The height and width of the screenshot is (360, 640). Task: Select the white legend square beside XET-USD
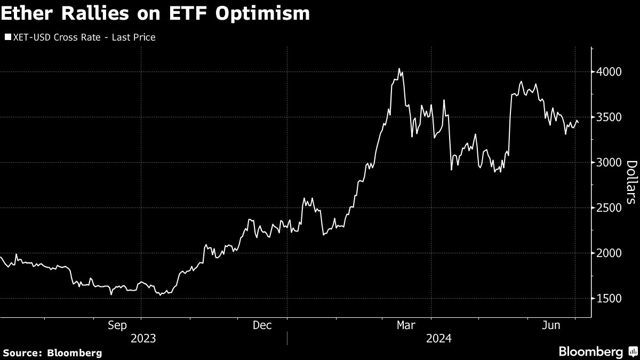[x=7, y=37]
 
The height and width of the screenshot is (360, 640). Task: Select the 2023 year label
[x=143, y=338]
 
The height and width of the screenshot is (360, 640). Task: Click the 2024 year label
[x=438, y=338]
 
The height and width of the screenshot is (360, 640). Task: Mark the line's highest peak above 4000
[x=399, y=69]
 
